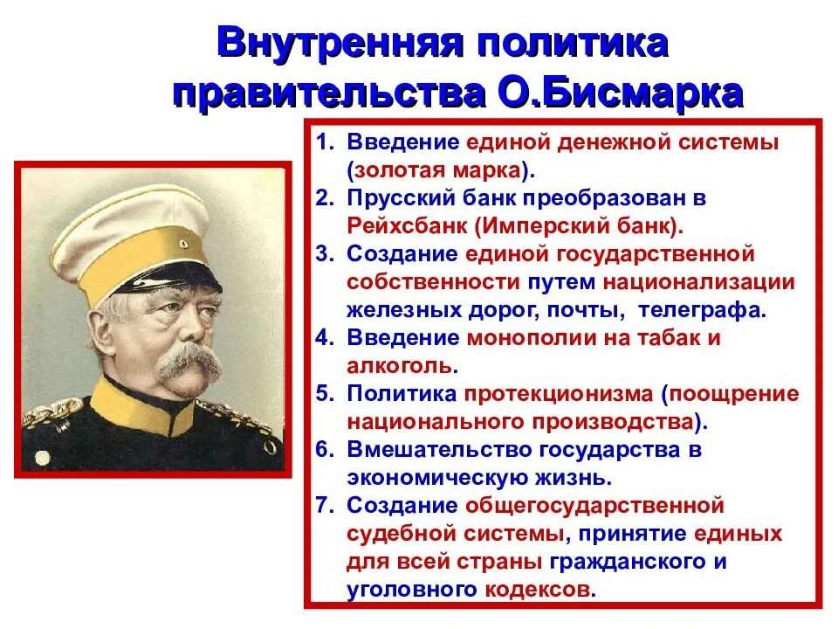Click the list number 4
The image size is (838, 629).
pyautogui.click(x=322, y=338)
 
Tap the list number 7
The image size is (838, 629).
pyautogui.click(x=322, y=506)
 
